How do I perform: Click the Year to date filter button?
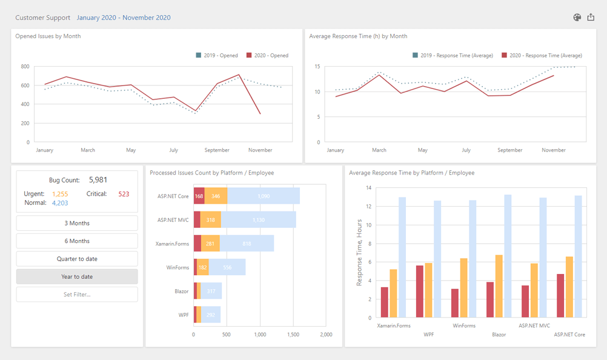click(77, 276)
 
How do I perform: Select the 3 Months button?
click(77, 223)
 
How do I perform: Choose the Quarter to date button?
click(77, 259)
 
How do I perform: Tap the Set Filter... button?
click(77, 295)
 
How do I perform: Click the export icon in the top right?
click(591, 17)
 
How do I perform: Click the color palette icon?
click(577, 17)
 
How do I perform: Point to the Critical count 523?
click(124, 194)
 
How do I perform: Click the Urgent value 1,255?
click(60, 194)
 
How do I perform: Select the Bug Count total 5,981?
click(98, 180)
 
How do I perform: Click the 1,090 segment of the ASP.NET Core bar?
click(264, 196)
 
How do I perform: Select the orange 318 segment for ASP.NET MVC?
click(211, 220)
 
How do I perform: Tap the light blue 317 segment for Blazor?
click(211, 291)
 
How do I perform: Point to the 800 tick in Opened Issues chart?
click(25, 66)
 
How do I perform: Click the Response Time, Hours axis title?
click(359, 253)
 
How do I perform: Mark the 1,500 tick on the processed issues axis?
click(293, 334)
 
